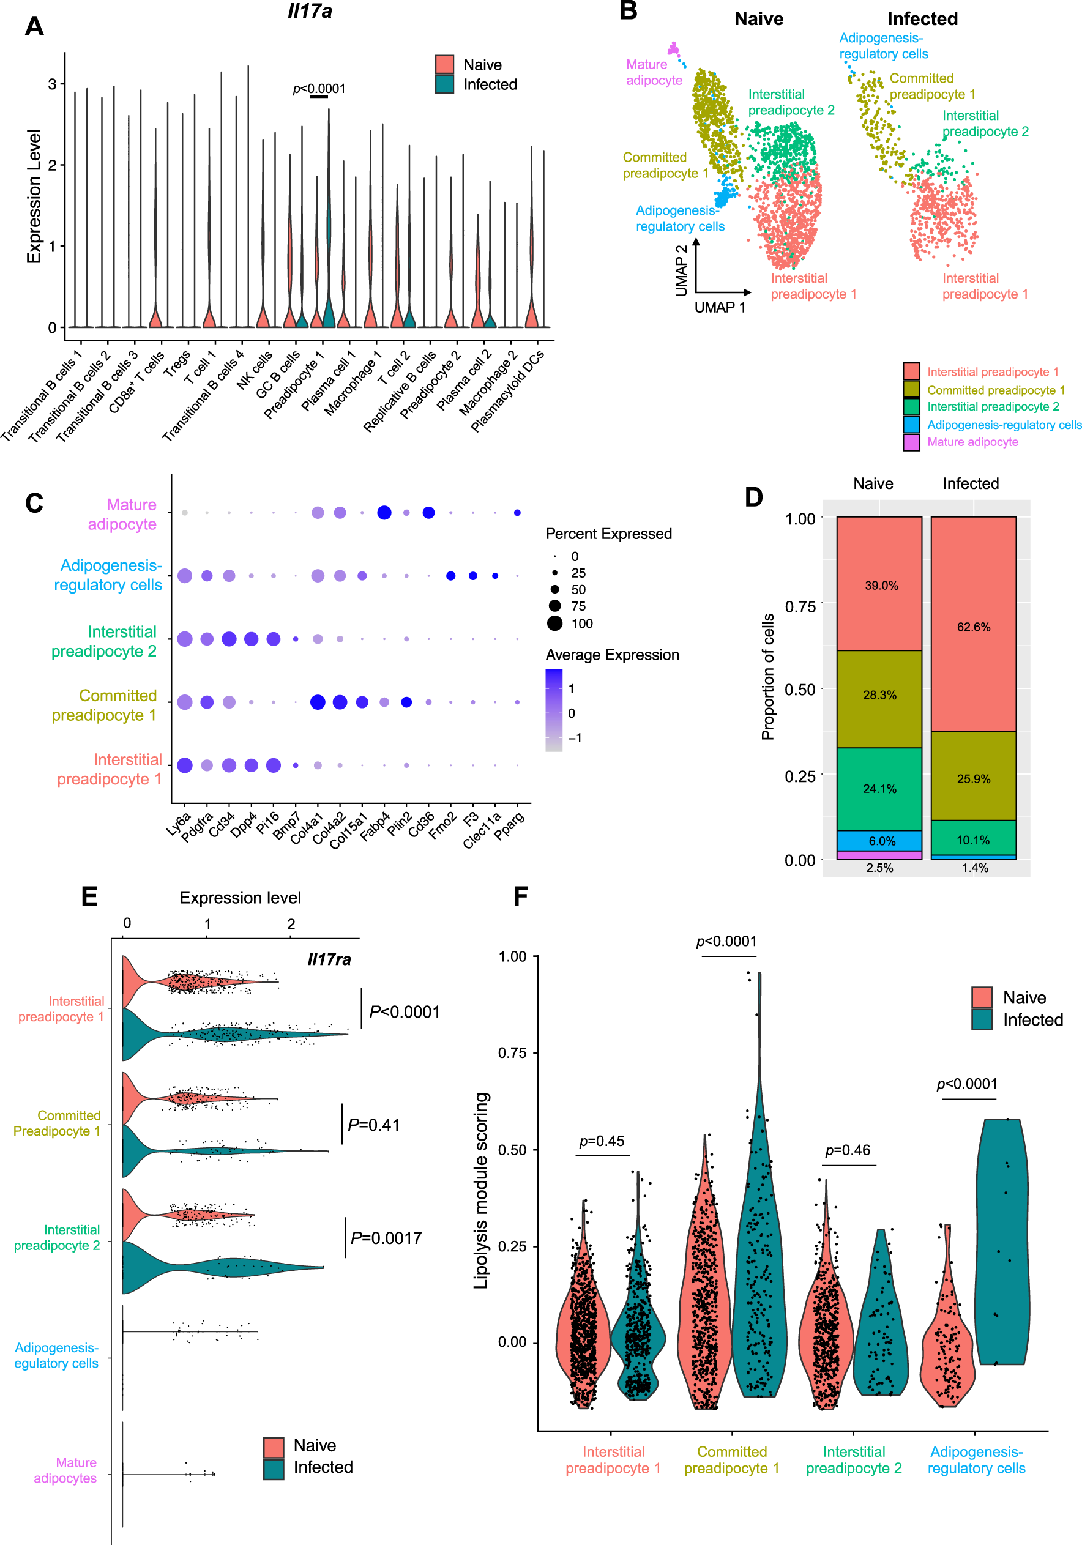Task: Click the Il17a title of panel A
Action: (x=310, y=12)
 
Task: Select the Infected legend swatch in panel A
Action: (x=444, y=84)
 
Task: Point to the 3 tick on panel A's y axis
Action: (x=52, y=84)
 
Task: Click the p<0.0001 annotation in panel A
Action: (x=319, y=88)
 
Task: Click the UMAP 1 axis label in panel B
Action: (x=719, y=308)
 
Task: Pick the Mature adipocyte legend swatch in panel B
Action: (x=911, y=442)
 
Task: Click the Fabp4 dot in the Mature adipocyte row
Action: (x=384, y=513)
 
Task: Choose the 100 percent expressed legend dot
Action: (x=554, y=623)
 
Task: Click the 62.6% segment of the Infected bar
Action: (x=973, y=626)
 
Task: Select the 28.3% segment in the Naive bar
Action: (x=879, y=695)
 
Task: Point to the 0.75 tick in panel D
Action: (x=800, y=606)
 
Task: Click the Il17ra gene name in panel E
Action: (x=329, y=959)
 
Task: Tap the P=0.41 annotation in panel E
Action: (x=373, y=1125)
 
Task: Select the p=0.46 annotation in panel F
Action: (x=847, y=1150)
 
